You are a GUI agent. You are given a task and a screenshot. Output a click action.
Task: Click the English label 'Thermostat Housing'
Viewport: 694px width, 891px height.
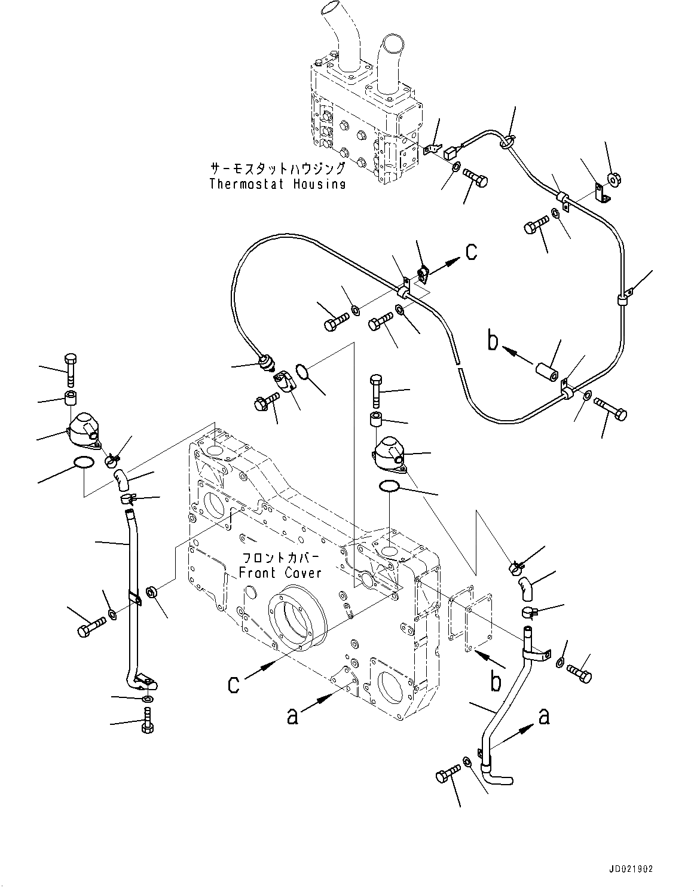(277, 183)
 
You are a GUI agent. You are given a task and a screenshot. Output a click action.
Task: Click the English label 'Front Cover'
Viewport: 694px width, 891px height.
(280, 573)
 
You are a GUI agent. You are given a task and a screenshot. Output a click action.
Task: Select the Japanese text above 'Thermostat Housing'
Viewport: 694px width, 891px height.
(277, 168)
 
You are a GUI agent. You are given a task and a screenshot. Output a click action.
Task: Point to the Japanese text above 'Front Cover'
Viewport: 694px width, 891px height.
(281, 558)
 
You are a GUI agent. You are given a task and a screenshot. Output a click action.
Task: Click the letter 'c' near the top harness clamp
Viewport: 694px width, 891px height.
(471, 252)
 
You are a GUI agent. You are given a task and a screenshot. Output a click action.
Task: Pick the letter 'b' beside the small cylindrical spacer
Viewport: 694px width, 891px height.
(492, 342)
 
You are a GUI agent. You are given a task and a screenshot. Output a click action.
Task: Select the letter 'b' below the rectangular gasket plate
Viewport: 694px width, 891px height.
(496, 682)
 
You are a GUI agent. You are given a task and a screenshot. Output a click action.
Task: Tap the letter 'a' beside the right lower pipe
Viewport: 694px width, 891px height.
(543, 715)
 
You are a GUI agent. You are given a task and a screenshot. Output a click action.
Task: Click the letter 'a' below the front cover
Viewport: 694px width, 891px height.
(292, 715)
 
